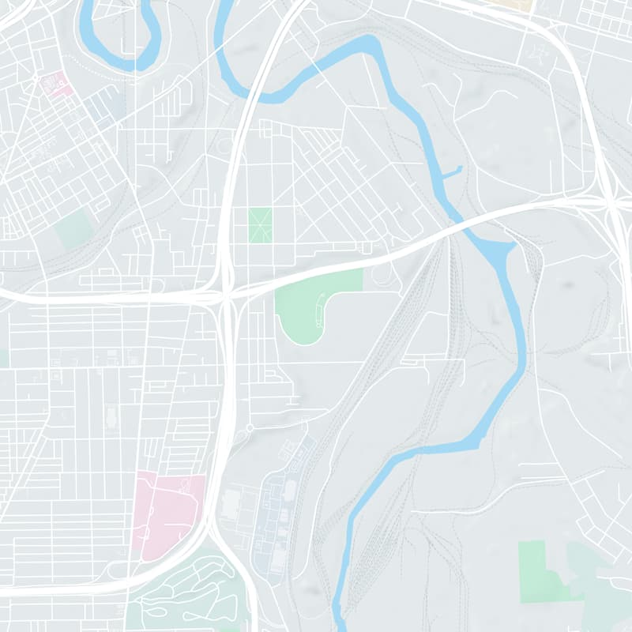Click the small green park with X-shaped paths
260,225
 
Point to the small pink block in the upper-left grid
56,83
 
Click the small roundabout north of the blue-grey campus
250,427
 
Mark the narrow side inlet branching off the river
451,171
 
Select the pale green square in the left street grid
75,228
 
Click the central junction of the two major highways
227,296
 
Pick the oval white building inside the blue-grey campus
289,490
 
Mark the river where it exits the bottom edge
340,620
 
